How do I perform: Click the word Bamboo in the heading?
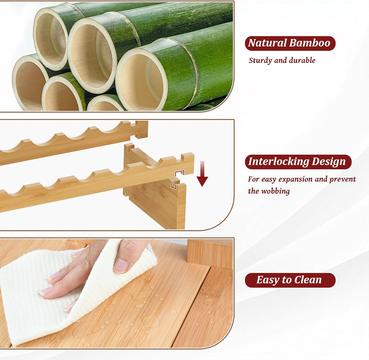click(310, 43)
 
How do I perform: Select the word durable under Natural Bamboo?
click(302, 60)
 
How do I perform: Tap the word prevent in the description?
click(342, 179)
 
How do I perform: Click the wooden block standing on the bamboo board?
click(210, 253)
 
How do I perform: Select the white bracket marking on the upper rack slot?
click(180, 173)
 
